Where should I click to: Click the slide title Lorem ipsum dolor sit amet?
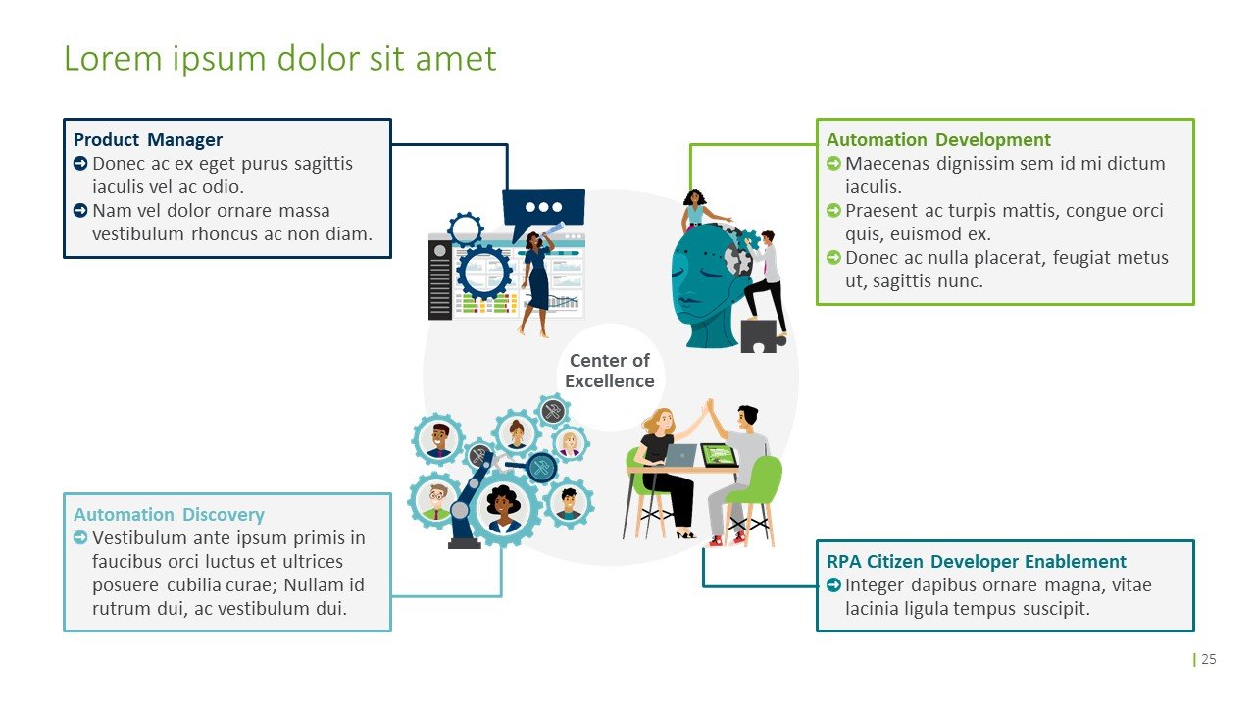coord(280,59)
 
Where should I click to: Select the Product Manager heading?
coord(148,140)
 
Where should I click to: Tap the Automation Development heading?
coord(938,140)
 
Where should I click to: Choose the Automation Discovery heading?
coord(169,515)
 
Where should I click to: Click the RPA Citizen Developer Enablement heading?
coord(977,562)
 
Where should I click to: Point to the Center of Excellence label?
coord(610,371)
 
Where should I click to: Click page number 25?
coord(1209,659)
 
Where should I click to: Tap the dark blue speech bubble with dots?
coord(543,209)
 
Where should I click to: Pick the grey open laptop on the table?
coord(679,455)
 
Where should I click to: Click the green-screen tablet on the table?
coord(719,455)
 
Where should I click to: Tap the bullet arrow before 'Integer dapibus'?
coord(834,585)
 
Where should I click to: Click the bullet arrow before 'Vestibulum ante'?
coord(81,538)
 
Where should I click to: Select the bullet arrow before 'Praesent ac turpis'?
coord(834,211)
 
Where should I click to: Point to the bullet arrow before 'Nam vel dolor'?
coord(81,211)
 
